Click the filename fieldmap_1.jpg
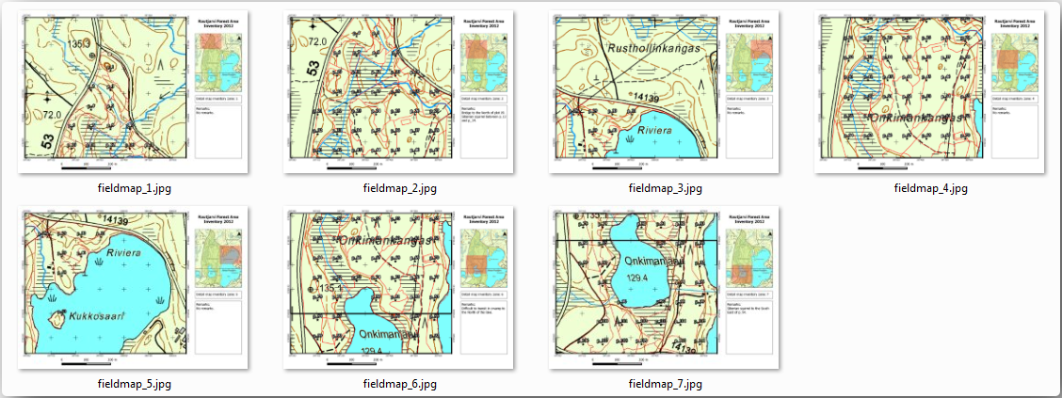pos(134,188)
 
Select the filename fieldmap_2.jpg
pos(399,188)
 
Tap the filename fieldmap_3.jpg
pos(665,188)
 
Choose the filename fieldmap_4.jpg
pos(930,188)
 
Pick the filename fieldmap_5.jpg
pos(134,384)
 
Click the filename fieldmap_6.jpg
pos(399,384)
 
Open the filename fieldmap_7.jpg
pos(665,384)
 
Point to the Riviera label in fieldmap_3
pos(656,131)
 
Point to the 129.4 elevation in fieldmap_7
pos(639,279)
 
